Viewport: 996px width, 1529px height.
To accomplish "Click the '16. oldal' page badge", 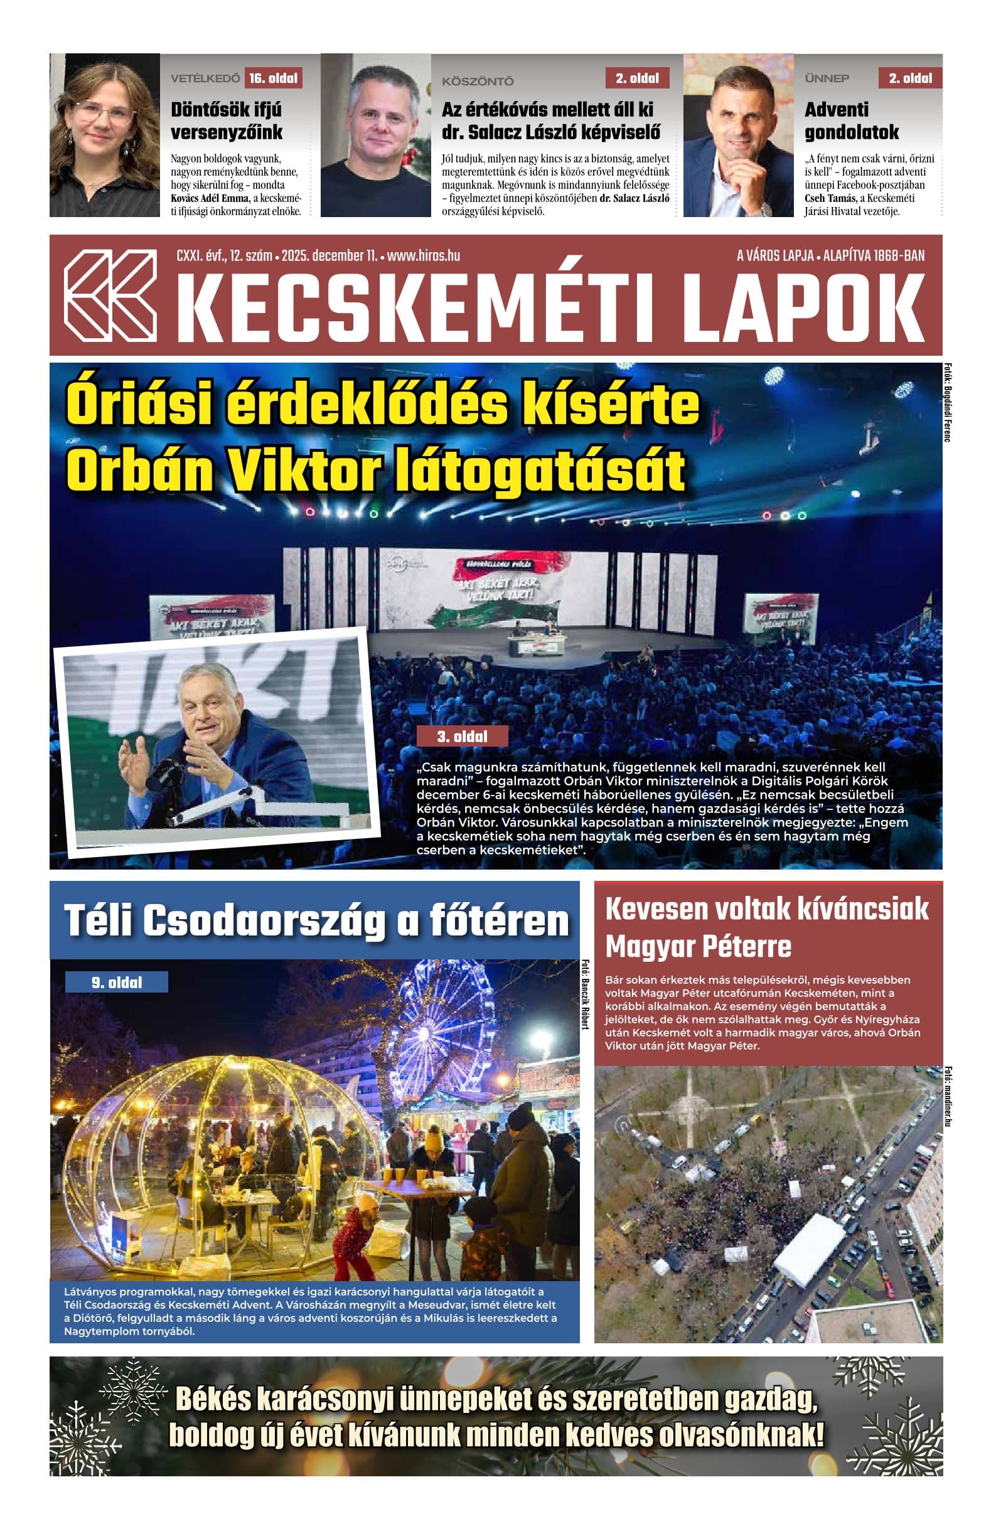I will pyautogui.click(x=274, y=78).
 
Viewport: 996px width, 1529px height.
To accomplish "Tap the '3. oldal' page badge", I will pyautogui.click(x=462, y=736).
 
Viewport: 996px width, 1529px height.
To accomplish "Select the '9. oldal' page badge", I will pyautogui.click(x=116, y=983).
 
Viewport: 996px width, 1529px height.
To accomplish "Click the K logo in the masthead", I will pyautogui.click(x=110, y=295).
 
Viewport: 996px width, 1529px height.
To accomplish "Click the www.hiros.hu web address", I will pyautogui.click(x=424, y=256).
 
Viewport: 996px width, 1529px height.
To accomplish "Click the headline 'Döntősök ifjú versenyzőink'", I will pyautogui.click(x=226, y=121).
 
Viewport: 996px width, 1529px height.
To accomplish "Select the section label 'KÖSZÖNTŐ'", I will pyautogui.click(x=478, y=82).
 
